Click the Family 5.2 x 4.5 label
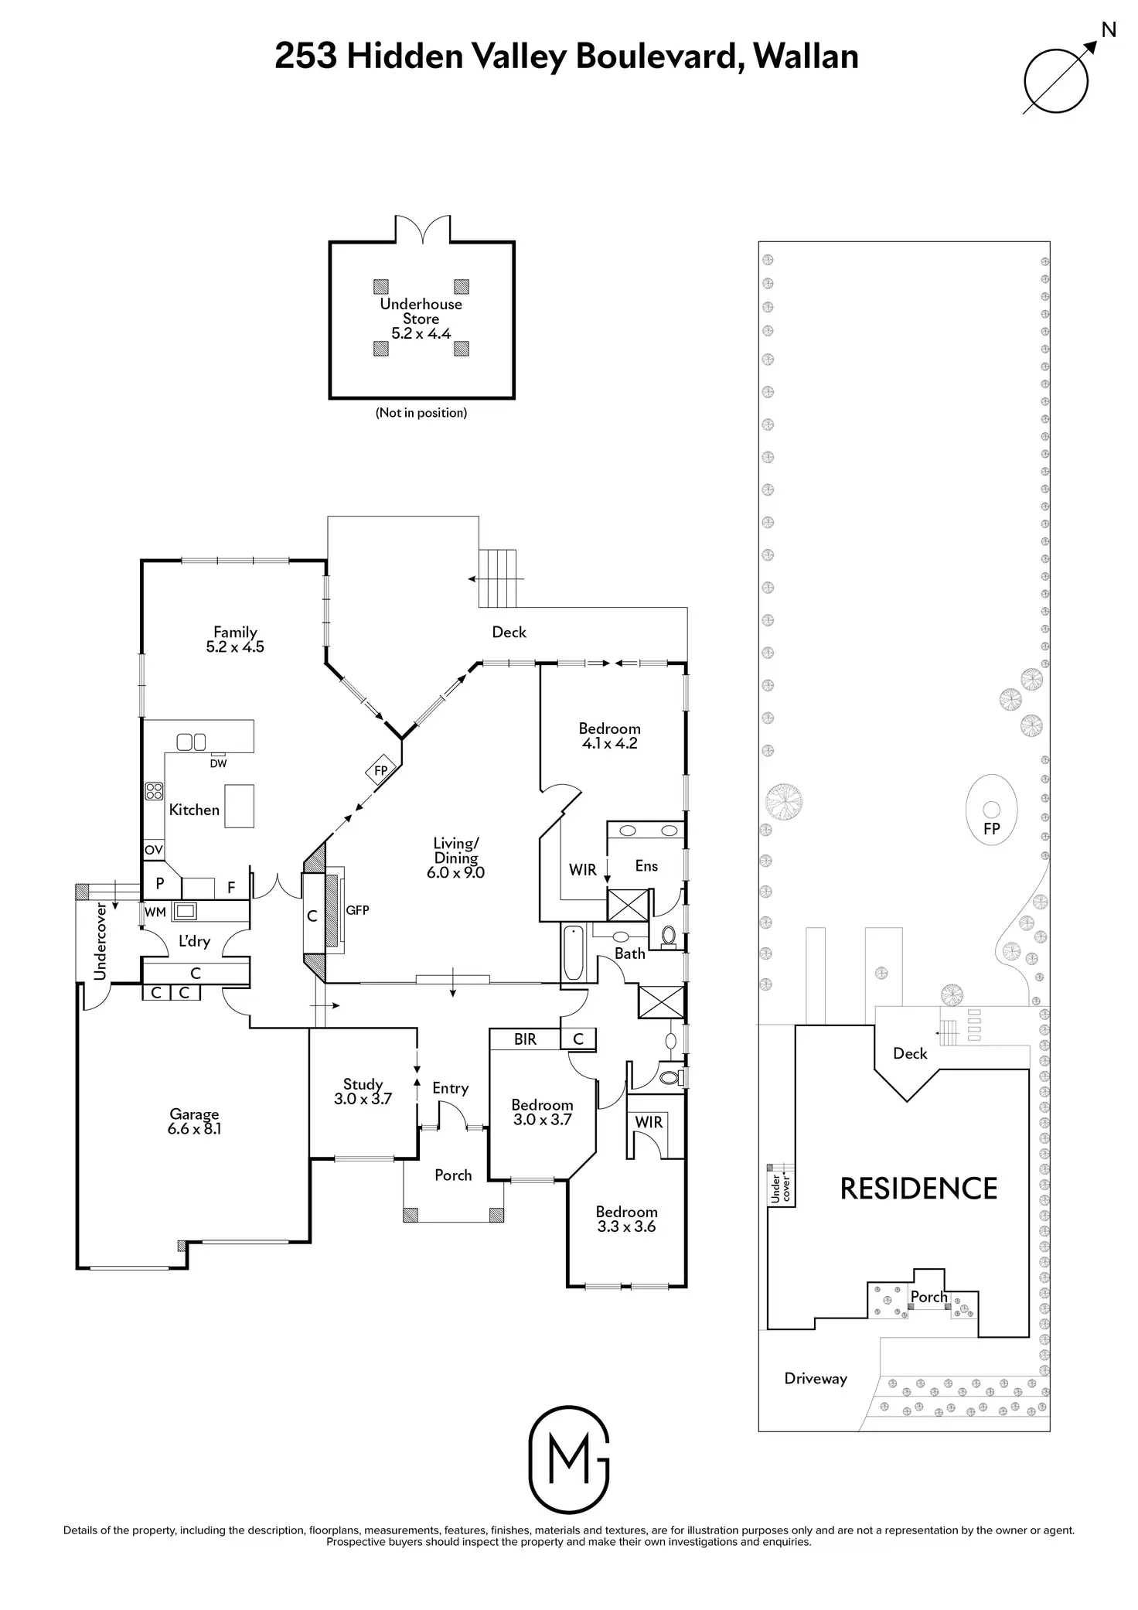(235, 640)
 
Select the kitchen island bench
(239, 806)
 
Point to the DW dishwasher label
(218, 763)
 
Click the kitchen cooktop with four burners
(154, 790)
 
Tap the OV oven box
(153, 850)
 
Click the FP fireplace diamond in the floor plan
(381, 771)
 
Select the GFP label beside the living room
(357, 910)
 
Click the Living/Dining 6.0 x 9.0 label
(455, 858)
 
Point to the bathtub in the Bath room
(574, 952)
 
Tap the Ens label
(646, 865)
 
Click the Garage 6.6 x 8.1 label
(194, 1121)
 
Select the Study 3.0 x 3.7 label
(363, 1091)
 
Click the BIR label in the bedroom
(525, 1039)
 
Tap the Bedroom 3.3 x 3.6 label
(626, 1219)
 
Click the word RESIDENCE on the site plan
(918, 1189)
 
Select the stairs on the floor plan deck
(498, 578)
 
